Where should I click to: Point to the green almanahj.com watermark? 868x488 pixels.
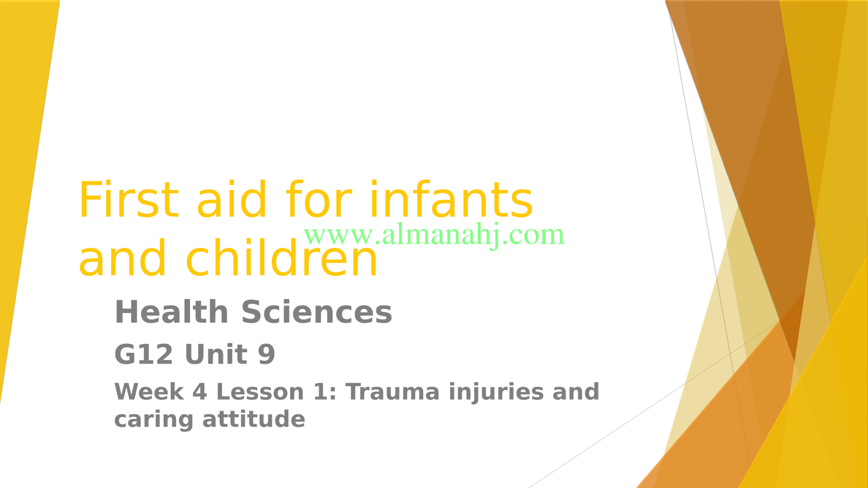click(434, 235)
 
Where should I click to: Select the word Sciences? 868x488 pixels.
click(317, 312)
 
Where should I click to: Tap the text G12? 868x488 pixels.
click(144, 354)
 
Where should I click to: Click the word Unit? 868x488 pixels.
click(216, 354)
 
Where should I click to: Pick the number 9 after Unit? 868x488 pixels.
click(267, 354)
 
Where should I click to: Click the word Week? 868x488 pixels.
click(149, 391)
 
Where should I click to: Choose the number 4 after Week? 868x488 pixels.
click(200, 391)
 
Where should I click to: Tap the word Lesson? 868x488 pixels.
click(260, 391)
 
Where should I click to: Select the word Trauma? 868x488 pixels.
click(393, 391)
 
